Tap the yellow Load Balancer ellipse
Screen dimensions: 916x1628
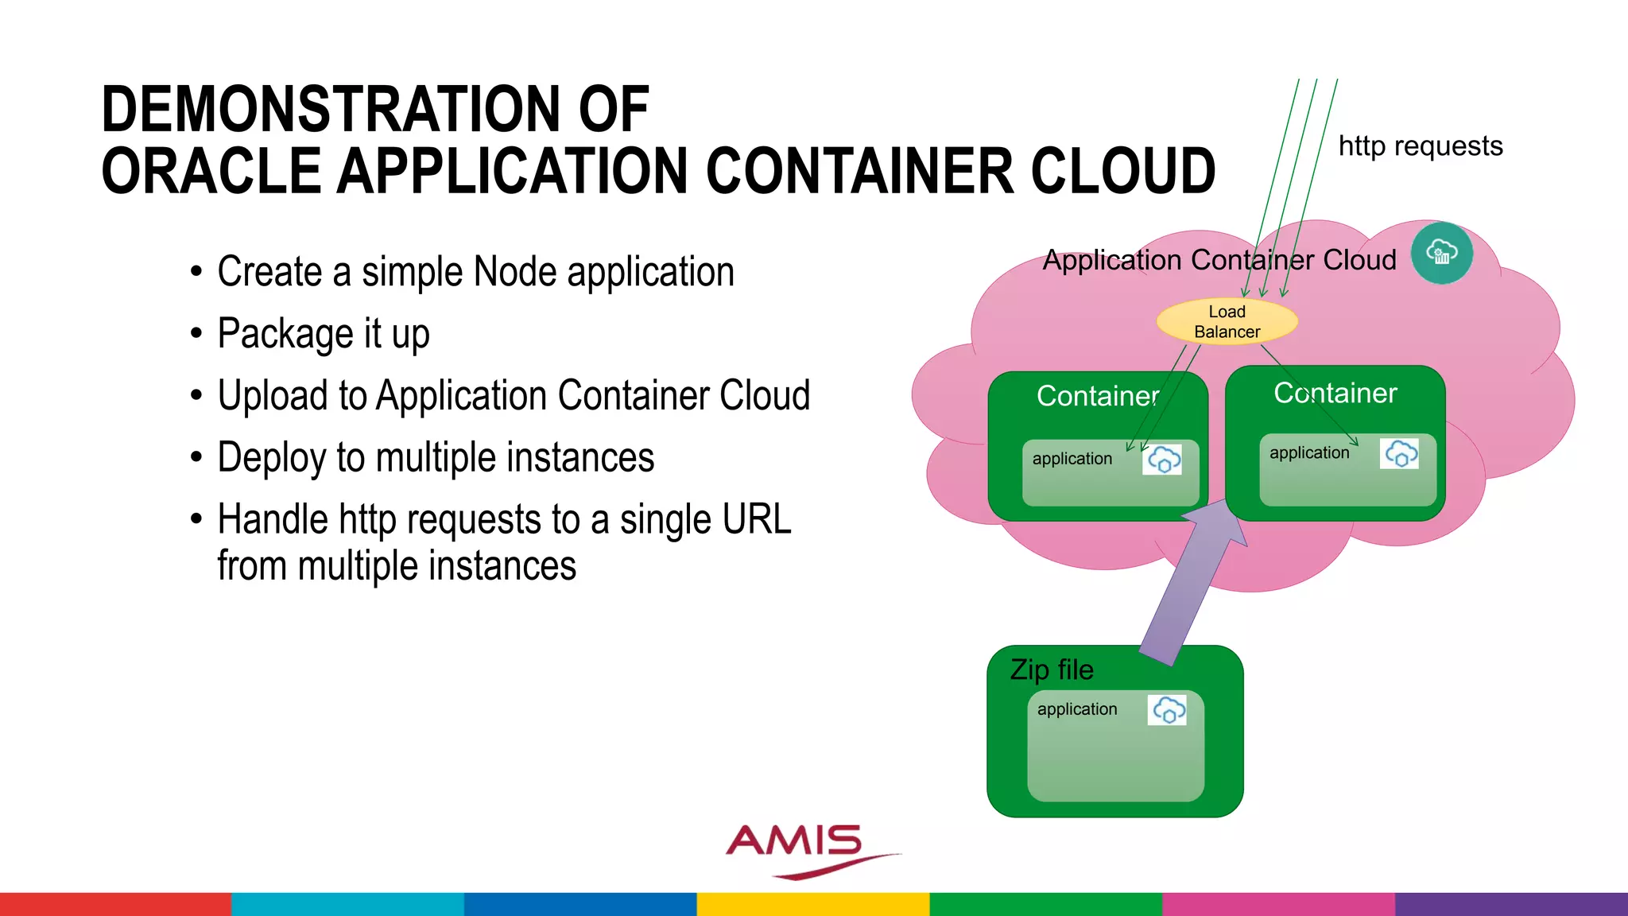click(1227, 322)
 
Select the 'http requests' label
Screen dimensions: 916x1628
click(1421, 146)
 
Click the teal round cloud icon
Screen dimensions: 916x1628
click(1441, 254)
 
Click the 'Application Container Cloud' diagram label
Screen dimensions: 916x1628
click(1219, 260)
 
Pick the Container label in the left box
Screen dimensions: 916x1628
click(1098, 396)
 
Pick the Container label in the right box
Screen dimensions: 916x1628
click(1335, 393)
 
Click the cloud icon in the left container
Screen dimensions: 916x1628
click(1162, 460)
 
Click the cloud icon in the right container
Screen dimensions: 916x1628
click(1399, 453)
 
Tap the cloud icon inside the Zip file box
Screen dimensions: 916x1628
click(1168, 710)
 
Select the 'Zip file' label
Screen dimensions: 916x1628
click(1052, 670)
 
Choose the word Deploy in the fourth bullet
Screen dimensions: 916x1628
click(271, 458)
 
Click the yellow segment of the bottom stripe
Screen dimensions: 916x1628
click(813, 904)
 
